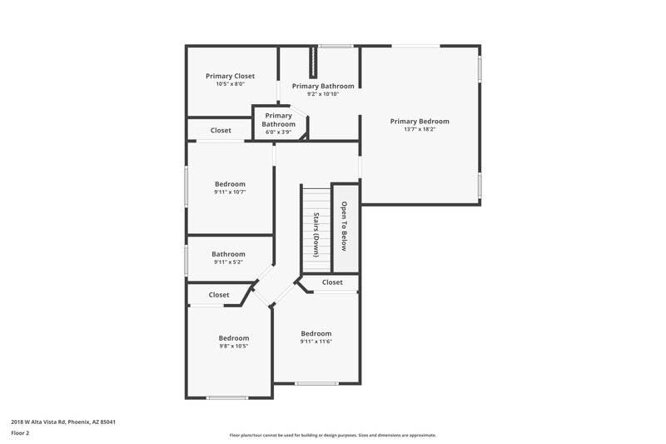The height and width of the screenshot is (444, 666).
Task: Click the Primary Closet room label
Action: (x=230, y=76)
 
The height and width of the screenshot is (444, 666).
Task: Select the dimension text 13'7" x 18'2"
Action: (x=420, y=129)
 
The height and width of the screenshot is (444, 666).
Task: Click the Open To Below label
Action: (x=343, y=226)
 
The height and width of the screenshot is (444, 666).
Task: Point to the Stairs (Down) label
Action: (x=316, y=234)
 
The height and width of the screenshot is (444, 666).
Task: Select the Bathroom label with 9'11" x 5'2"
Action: (x=228, y=254)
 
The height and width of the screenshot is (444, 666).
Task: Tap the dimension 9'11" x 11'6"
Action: (x=316, y=341)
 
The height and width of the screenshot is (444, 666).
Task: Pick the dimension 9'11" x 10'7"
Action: (x=230, y=192)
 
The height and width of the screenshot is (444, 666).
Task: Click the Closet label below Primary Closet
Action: (x=221, y=130)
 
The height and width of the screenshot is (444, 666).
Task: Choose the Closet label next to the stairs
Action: (x=331, y=282)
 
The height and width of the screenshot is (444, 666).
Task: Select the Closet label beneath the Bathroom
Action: (x=219, y=294)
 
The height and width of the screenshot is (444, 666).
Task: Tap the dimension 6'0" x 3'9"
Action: (x=278, y=132)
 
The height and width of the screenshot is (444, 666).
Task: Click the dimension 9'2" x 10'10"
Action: (x=322, y=94)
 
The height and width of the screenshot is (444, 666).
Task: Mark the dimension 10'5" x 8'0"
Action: (x=230, y=84)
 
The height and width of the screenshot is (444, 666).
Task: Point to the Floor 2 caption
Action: (x=21, y=433)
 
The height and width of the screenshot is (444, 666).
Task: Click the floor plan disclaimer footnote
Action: (x=332, y=435)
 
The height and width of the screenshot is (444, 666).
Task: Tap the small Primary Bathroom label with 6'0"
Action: (x=278, y=120)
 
